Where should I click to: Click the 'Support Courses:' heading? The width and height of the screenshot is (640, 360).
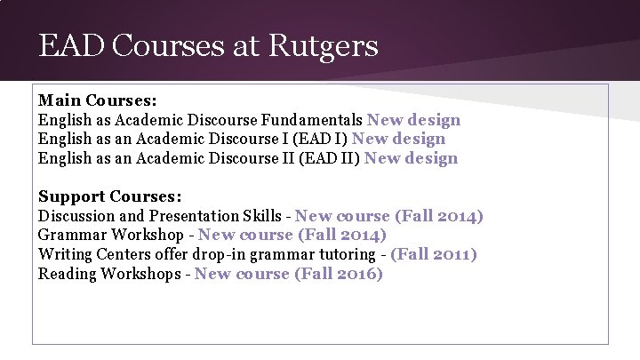point(109,196)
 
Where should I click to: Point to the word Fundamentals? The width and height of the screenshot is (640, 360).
point(312,119)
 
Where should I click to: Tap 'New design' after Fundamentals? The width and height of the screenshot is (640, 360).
point(413,119)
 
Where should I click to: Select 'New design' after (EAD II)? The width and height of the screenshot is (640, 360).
point(411,158)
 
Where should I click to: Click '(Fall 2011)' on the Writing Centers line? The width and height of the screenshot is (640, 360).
point(434,255)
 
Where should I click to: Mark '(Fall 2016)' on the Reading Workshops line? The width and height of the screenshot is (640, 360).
point(339,274)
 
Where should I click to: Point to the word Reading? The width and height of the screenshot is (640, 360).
point(67,274)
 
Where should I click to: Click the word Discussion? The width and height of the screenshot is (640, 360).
point(76,216)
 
